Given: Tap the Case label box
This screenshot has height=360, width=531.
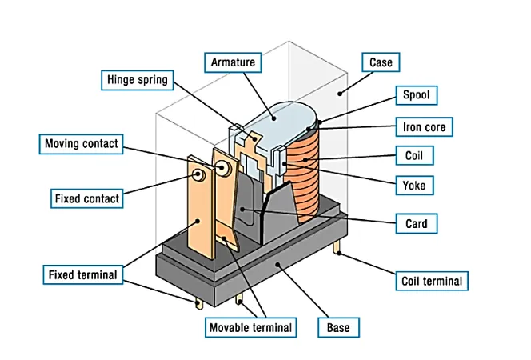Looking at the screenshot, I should [381, 62].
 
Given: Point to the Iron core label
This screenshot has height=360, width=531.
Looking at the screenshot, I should [425, 126].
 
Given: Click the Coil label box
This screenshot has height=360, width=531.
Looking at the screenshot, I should [415, 156].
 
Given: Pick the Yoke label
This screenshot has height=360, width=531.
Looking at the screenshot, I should [415, 186].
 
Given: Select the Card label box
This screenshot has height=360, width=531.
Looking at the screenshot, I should [416, 223].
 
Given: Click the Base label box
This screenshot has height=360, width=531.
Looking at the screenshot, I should [338, 327].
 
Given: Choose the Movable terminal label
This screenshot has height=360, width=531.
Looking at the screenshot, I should [251, 327].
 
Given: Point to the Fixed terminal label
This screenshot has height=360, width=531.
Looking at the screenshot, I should [82, 275].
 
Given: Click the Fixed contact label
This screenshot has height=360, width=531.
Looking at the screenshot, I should [86, 198].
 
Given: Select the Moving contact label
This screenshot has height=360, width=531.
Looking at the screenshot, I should [82, 144].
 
